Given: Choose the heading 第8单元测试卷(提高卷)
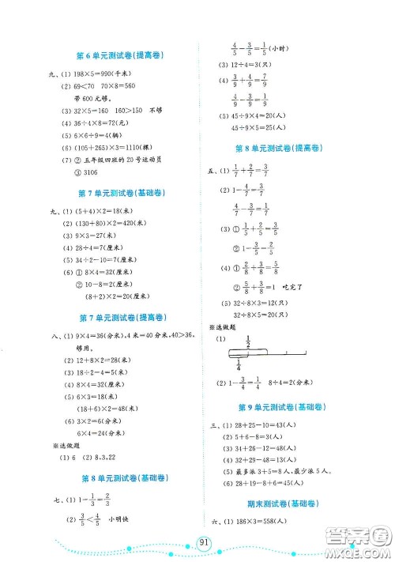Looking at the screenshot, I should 282,148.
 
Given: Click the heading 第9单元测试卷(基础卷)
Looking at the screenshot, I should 282,408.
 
